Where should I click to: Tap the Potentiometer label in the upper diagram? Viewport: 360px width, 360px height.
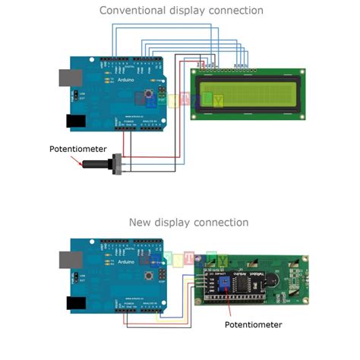(x=76, y=149)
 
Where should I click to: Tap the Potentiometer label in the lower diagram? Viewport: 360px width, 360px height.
(x=253, y=324)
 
